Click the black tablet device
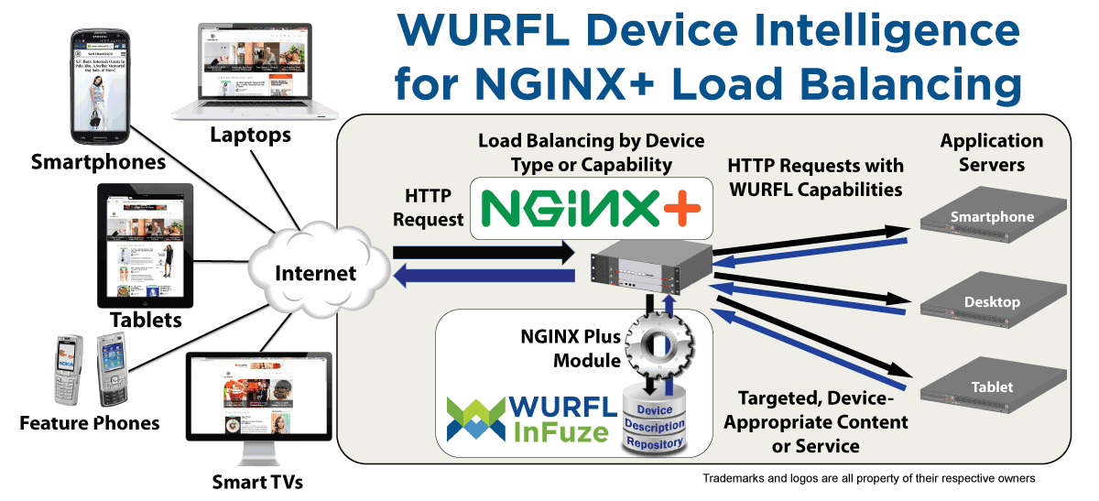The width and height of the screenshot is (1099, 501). (146, 245)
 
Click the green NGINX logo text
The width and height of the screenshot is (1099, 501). (563, 208)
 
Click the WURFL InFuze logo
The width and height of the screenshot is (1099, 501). (528, 418)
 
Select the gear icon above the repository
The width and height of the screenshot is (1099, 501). (656, 346)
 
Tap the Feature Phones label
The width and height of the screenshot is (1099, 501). (90, 423)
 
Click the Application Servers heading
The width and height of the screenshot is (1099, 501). (991, 153)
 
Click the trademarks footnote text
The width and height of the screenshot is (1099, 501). (868, 478)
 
